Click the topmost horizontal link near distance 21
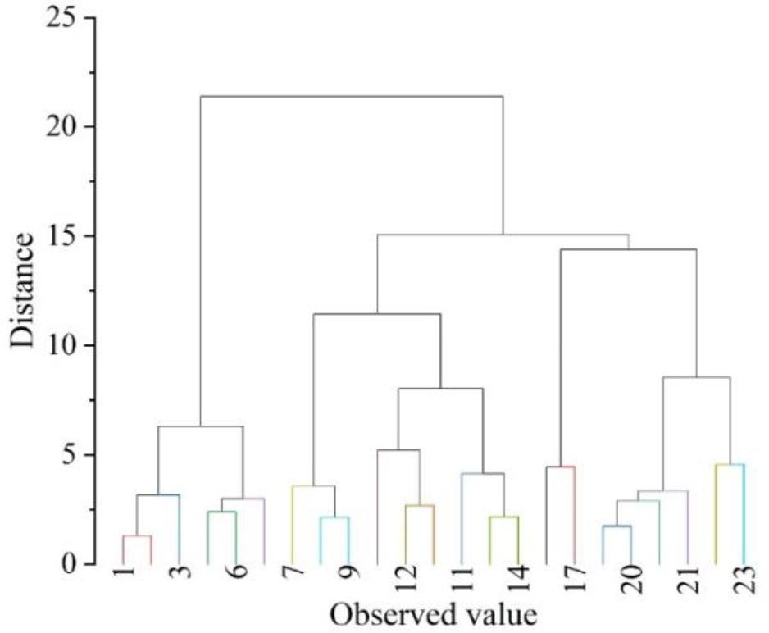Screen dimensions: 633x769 (352, 97)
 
